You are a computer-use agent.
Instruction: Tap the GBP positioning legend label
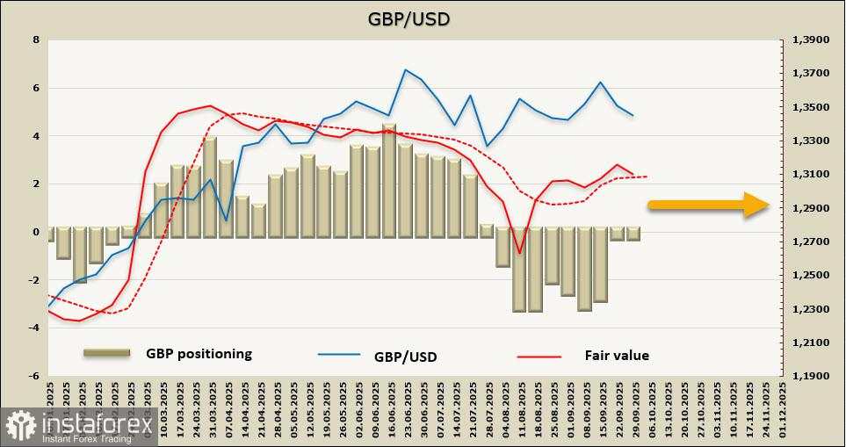pyautogui.click(x=199, y=354)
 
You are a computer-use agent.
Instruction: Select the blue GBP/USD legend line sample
pyautogui.click(x=339, y=355)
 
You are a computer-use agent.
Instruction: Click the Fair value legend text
pyautogui.click(x=617, y=356)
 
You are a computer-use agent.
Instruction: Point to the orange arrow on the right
pyautogui.click(x=708, y=205)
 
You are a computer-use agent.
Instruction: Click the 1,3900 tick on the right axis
pyautogui.click(x=811, y=40)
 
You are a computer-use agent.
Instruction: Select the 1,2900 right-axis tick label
pyautogui.click(x=811, y=208)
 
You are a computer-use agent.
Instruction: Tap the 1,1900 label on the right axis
pyautogui.click(x=811, y=376)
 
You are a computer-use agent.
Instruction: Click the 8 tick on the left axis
pyautogui.click(x=35, y=40)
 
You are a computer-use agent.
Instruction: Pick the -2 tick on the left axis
pyautogui.click(x=34, y=280)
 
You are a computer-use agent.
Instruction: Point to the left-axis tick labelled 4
pyautogui.click(x=35, y=136)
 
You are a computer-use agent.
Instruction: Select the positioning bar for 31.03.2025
pyautogui.click(x=210, y=185)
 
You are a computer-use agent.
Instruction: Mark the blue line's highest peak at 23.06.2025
pyautogui.click(x=405, y=70)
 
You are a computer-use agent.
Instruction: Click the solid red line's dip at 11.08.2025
pyautogui.click(x=519, y=253)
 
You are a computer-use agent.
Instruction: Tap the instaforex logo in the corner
pyautogui.click(x=70, y=428)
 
